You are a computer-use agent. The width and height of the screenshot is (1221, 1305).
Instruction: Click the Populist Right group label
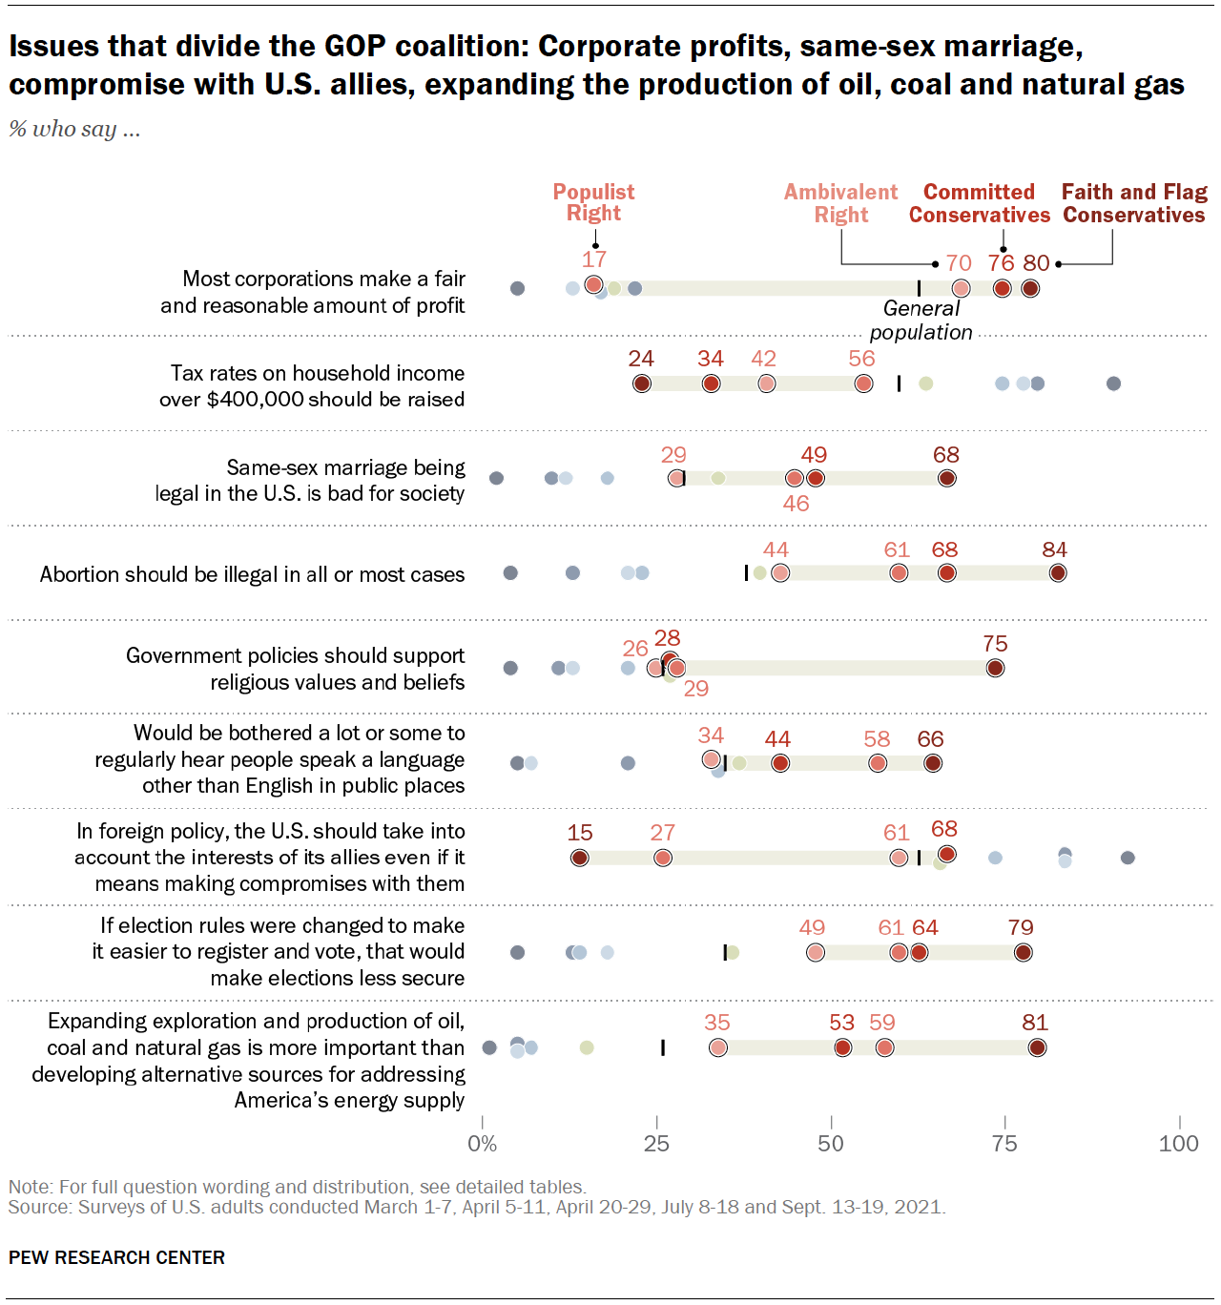tap(593, 202)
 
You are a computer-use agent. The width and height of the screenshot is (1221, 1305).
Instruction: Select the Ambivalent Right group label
tap(840, 203)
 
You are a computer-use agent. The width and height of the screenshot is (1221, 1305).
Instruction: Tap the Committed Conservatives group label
tap(979, 203)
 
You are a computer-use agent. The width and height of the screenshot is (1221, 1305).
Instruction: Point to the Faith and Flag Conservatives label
tap(1134, 203)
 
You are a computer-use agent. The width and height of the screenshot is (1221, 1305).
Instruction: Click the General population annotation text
tap(921, 321)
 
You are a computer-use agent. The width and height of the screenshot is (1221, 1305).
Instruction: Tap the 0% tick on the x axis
tap(483, 1144)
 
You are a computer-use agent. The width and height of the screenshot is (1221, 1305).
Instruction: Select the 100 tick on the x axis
tap(1178, 1144)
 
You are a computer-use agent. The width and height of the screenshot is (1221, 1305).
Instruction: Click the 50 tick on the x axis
tap(831, 1144)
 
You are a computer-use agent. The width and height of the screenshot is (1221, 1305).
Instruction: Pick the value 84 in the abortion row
tap(1054, 550)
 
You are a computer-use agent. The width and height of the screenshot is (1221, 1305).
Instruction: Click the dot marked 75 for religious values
tap(995, 668)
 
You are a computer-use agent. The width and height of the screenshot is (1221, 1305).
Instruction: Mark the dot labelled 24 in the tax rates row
tap(642, 383)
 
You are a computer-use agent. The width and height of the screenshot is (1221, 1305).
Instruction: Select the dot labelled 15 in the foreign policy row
tap(579, 858)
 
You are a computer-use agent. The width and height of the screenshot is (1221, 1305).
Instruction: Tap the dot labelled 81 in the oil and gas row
tap(1037, 1047)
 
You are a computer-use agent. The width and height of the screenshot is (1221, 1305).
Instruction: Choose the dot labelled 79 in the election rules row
tap(1023, 952)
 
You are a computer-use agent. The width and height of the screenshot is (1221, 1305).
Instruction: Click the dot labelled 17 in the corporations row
tap(593, 285)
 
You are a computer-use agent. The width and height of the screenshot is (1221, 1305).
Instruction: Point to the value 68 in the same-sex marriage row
tap(946, 455)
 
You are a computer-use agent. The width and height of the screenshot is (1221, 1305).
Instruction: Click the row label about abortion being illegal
tap(252, 574)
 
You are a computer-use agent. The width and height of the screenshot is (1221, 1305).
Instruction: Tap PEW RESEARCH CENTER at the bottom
tap(116, 1257)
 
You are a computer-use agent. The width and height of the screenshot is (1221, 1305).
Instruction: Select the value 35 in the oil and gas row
tap(717, 1023)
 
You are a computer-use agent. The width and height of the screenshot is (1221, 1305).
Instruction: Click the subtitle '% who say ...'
tap(74, 129)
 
